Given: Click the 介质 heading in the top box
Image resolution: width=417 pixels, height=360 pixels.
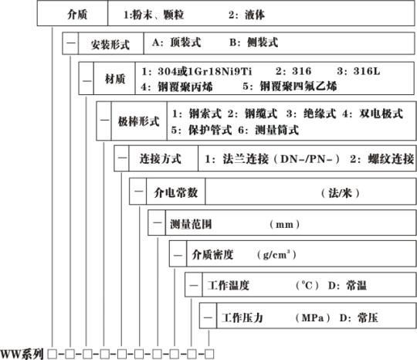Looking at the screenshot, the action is (77, 14).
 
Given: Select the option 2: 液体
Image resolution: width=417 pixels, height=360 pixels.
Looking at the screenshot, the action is (246, 15).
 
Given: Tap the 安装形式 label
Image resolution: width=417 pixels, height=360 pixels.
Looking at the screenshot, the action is (110, 45).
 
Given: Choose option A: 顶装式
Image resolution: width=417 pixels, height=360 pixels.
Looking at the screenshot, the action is (177, 42).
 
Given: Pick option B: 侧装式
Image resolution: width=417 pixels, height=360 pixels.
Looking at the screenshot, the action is (254, 42).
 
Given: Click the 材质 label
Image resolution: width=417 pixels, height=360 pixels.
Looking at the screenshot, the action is (115, 79).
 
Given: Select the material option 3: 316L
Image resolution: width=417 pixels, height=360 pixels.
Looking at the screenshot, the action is (358, 71).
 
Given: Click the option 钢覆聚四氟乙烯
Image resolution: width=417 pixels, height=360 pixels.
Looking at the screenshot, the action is (298, 87).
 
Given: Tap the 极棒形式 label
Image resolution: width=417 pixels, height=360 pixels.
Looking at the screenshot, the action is (138, 121).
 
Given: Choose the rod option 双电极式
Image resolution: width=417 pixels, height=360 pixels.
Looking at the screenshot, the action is (381, 114).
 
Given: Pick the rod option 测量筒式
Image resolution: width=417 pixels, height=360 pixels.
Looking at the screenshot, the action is (277, 130).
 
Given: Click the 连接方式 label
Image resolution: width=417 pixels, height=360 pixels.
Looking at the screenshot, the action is (161, 159).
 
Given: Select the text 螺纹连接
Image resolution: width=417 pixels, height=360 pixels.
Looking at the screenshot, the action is (391, 159).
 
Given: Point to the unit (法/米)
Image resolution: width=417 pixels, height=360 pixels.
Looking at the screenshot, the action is (340, 193).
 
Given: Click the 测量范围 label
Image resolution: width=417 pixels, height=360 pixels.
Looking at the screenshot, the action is (191, 224).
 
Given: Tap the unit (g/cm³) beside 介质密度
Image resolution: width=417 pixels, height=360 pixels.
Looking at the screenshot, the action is (276, 255).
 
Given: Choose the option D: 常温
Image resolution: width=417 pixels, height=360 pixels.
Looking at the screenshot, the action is (347, 286).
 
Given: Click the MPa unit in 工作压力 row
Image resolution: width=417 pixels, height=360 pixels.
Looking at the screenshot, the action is (313, 318).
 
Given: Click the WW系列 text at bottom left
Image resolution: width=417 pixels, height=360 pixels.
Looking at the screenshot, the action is (22, 354).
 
